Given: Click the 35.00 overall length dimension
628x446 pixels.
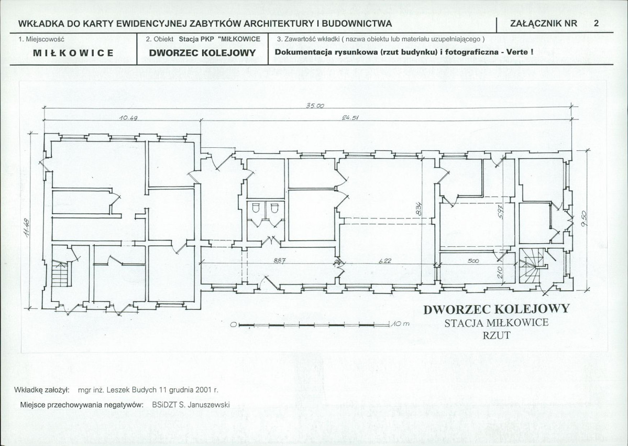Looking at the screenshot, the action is (x=315, y=106).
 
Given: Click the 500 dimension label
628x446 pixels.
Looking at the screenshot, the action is (x=473, y=261).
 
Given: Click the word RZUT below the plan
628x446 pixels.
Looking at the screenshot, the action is (x=497, y=335).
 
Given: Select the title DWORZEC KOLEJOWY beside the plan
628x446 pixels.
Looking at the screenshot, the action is (x=496, y=309).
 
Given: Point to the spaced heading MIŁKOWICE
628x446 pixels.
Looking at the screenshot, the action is (x=73, y=53).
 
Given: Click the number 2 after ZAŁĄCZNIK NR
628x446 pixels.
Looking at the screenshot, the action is (x=597, y=23).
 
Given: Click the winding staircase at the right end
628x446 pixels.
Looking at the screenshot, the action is (x=531, y=265).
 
